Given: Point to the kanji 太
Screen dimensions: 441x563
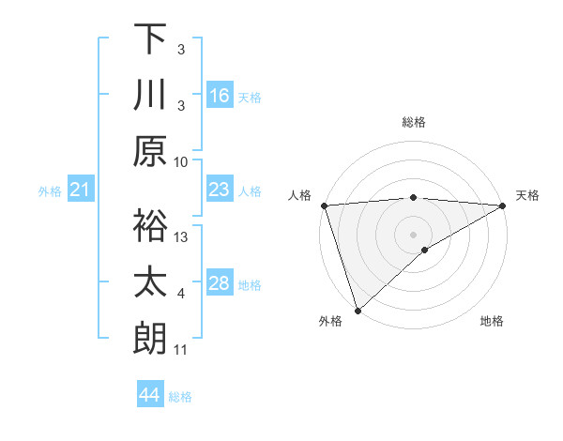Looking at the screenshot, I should pyautogui.click(x=150, y=281).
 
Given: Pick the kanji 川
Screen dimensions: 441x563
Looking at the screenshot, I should pyautogui.click(x=150, y=96).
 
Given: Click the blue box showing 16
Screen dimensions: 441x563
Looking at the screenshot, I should pyautogui.click(x=220, y=96).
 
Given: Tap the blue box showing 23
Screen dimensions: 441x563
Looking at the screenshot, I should pyautogui.click(x=220, y=190).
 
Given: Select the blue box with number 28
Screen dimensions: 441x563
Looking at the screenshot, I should pyautogui.click(x=220, y=283).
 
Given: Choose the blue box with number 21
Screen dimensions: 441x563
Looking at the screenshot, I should pyautogui.click(x=80, y=190).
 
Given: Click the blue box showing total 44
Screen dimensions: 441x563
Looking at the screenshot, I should pyautogui.click(x=150, y=395).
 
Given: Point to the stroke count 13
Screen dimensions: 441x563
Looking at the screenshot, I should pyautogui.click(x=182, y=237).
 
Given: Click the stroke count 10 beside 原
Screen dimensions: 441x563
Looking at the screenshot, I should pyautogui.click(x=182, y=161).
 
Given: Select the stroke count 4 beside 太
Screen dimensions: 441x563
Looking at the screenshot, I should pyautogui.click(x=181, y=295).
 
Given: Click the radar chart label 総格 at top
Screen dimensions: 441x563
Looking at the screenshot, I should pyautogui.click(x=414, y=122).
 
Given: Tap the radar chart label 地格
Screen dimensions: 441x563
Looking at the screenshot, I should pyautogui.click(x=492, y=322).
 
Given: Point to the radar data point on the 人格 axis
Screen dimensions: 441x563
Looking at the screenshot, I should pyautogui.click(x=324, y=205).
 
